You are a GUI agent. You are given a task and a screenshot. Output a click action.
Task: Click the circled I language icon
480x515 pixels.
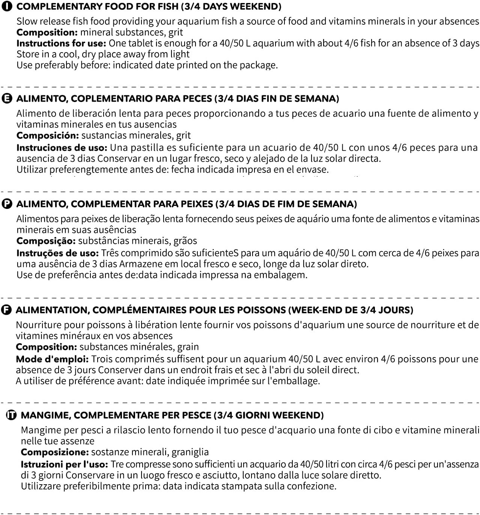pos(7,7)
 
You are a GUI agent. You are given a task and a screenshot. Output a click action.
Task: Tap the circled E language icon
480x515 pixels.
pos(7,99)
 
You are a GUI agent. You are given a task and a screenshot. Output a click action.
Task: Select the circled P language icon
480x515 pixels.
pos(7,204)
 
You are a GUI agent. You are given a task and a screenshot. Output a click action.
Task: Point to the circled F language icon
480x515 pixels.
pos(6,310)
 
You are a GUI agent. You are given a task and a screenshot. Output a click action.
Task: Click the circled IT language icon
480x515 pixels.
pos(12,415)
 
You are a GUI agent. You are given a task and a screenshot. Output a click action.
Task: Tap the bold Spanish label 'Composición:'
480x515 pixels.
pos(47,135)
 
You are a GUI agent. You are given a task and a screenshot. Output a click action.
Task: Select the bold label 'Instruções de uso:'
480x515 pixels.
pos(57,253)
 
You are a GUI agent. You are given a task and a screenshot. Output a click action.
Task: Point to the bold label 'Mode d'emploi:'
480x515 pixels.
pos(52,359)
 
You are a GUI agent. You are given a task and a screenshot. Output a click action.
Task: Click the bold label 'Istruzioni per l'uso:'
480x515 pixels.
pos(64,464)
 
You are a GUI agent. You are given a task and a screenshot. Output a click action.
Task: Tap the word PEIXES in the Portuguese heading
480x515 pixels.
pos(197,204)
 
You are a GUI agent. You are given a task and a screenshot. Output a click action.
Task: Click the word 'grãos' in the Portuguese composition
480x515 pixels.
pos(185,241)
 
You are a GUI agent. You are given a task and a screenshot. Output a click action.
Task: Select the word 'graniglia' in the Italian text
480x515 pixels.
pos(188,452)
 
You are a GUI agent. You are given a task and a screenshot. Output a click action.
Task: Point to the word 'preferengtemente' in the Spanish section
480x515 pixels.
pos(88,170)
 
